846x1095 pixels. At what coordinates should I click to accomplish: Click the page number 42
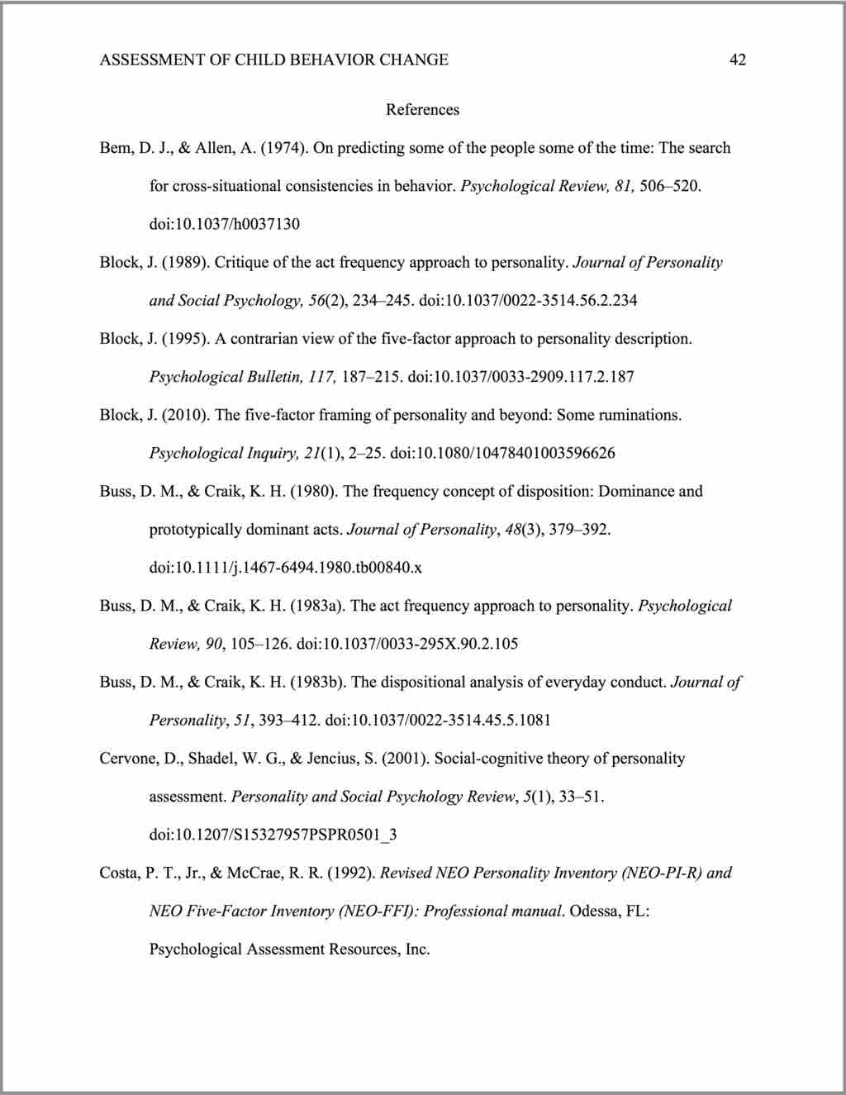738,60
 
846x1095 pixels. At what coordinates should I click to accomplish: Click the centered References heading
422,109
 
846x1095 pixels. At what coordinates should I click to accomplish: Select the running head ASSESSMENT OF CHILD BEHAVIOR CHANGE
273,60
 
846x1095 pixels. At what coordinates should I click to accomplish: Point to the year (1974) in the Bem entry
285,148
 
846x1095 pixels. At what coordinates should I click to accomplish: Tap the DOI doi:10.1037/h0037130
224,224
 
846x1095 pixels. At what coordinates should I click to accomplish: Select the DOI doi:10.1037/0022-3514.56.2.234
528,301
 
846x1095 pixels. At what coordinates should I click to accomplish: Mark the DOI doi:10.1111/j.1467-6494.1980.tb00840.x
285,568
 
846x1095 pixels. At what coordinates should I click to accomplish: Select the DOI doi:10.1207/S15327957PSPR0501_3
273,835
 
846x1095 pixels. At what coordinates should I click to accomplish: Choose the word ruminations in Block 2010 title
638,415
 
